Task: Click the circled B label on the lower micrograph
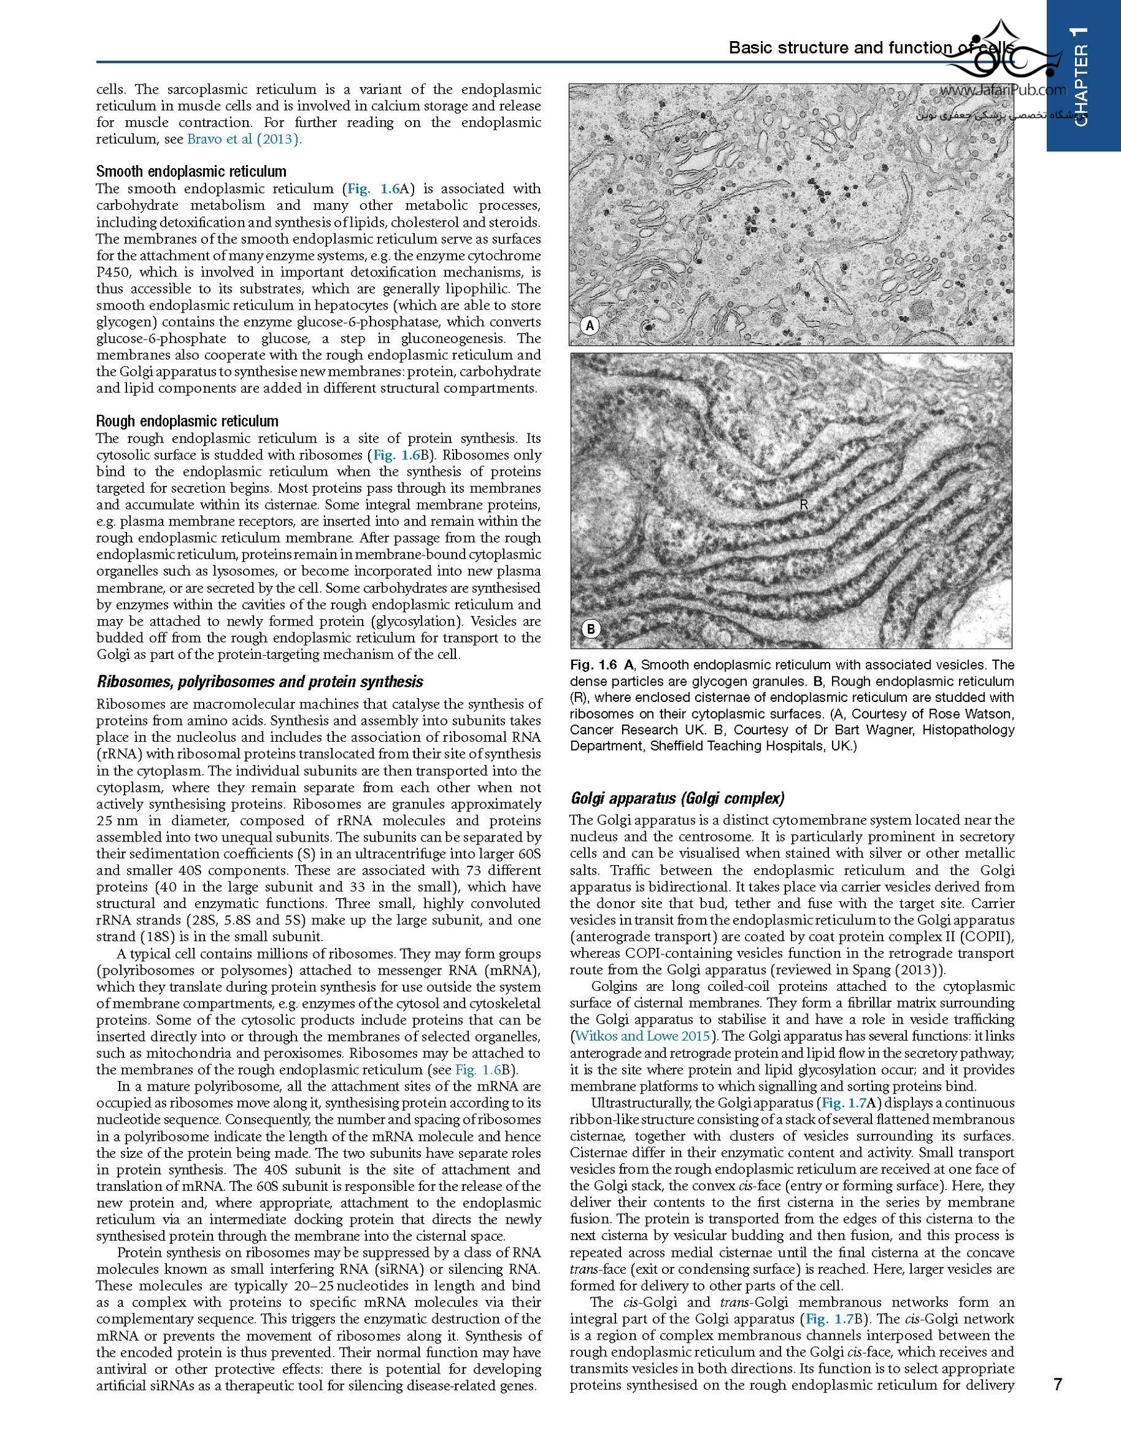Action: point(591,629)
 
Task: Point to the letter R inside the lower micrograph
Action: point(803,505)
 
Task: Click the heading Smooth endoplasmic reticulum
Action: point(191,172)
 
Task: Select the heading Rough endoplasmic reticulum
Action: point(187,421)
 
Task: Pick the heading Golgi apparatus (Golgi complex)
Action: point(677,799)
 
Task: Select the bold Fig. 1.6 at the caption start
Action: point(593,665)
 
